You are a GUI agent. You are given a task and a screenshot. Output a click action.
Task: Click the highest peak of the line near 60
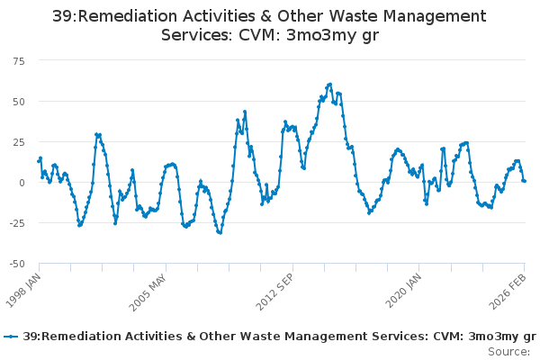(330, 85)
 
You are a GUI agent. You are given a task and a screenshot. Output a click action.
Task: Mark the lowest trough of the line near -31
(220, 233)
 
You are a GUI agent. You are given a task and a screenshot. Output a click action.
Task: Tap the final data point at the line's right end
(525, 181)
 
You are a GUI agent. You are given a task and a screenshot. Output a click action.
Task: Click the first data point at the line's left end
(38, 162)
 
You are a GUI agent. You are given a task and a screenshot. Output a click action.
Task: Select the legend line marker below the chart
(11, 337)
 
